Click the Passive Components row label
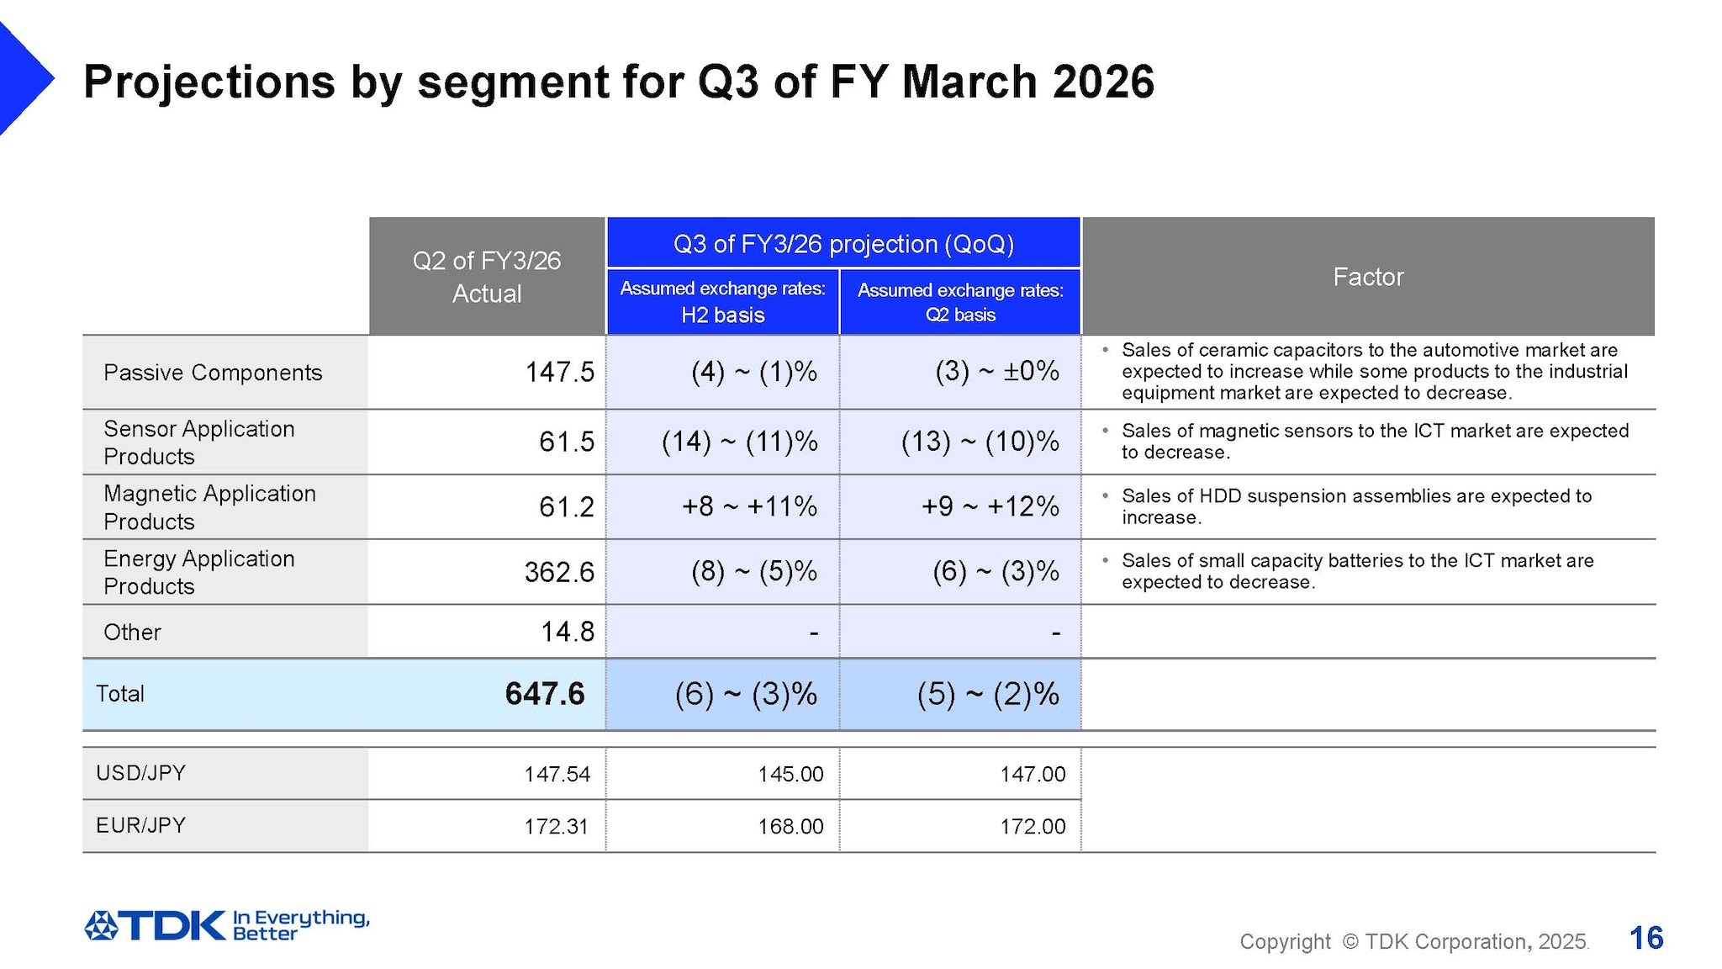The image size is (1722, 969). pyautogui.click(x=212, y=373)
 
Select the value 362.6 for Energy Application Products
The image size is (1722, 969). pyautogui.click(x=558, y=572)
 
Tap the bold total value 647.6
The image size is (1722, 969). pyautogui.click(x=544, y=694)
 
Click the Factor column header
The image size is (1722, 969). pyautogui.click(x=1367, y=277)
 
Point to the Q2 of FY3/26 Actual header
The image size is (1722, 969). pyautogui.click(x=486, y=277)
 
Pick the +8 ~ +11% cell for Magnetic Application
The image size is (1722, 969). pyautogui.click(x=748, y=506)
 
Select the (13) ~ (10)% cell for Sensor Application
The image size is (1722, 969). pyautogui.click(x=980, y=442)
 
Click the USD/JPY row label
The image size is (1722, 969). pyautogui.click(x=140, y=773)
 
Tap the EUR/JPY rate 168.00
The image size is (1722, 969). pyautogui.click(x=790, y=826)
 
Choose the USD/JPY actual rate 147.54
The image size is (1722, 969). pyautogui.click(x=557, y=774)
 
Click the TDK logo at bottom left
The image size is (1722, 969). pyautogui.click(x=156, y=925)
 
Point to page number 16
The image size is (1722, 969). pyautogui.click(x=1645, y=938)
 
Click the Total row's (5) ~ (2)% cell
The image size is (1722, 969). pyautogui.click(x=987, y=694)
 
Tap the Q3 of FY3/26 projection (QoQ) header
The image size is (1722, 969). pyautogui.click(x=843, y=244)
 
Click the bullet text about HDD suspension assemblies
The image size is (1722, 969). pyautogui.click(x=1355, y=506)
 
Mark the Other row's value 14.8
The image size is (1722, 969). pyautogui.click(x=567, y=632)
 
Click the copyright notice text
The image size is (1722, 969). pyautogui.click(x=1413, y=941)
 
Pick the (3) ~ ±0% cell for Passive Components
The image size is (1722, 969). pyautogui.click(x=996, y=371)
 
